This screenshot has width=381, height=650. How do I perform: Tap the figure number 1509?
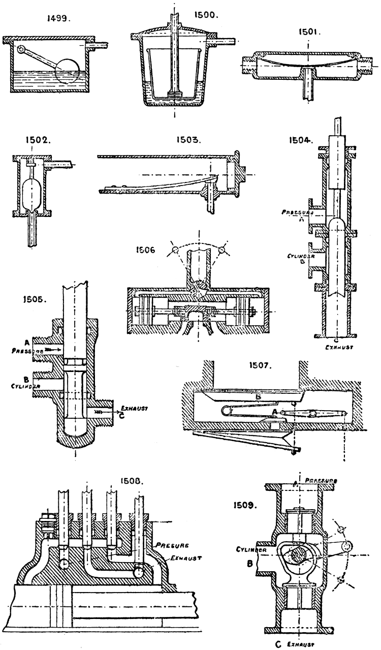(247, 506)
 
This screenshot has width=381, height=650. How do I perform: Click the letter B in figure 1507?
(258, 394)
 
